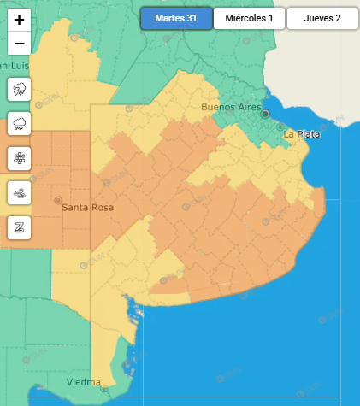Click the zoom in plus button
coord(19,19)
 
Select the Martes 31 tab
coord(175,18)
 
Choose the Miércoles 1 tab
coord(248,18)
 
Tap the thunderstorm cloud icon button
coord(19,89)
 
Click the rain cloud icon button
coord(19,124)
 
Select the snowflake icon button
coord(19,158)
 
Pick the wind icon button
coord(19,193)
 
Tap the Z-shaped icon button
coord(19,228)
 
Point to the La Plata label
coord(301,134)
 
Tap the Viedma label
coord(84,382)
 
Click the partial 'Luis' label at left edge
coord(15,66)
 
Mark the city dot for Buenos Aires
coord(265,114)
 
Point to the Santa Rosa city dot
coord(58,200)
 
